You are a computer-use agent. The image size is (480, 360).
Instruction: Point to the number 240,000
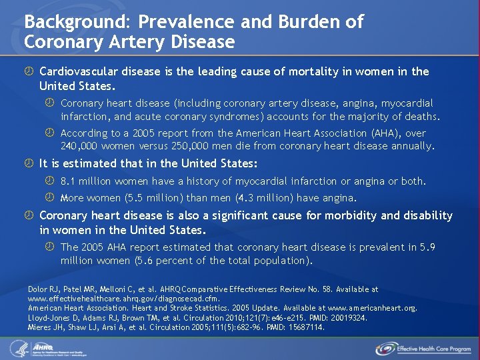coord(78,146)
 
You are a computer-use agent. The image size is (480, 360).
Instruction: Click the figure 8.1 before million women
coord(69,181)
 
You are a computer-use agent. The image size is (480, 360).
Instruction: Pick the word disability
coord(426,216)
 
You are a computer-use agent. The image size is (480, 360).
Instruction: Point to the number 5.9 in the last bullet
coord(427,247)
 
